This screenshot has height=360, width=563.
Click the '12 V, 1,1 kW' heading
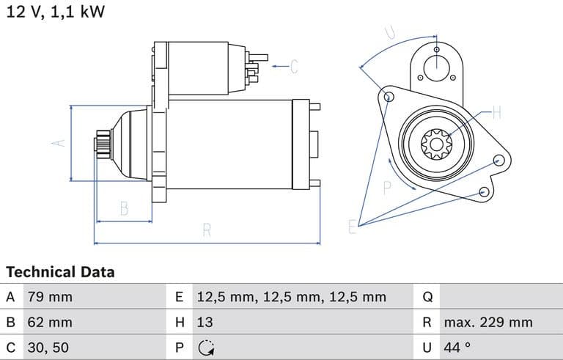tap(56, 12)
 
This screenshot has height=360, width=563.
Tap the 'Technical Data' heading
tap(60, 272)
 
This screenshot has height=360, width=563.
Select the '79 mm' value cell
tap(50, 297)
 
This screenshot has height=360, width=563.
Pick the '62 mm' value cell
tap(50, 322)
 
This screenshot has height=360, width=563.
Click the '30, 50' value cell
tap(48, 347)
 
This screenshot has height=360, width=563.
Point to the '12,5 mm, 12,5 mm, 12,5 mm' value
tap(291, 297)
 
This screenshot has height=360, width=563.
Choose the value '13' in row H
tap(205, 322)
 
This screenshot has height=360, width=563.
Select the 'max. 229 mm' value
tap(487, 322)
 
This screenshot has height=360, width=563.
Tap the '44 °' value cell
tap(457, 347)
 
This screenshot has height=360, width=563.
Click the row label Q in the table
tap(428, 297)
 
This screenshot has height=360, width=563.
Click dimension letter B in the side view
tap(124, 208)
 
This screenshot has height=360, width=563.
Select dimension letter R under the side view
tap(207, 231)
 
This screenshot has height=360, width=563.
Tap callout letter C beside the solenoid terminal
tap(293, 67)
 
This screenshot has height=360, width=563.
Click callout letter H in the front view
tap(496, 113)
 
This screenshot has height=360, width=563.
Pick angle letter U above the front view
tap(390, 32)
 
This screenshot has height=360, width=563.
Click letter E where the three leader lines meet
tap(353, 227)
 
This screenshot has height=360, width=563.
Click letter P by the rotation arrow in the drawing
tap(388, 187)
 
